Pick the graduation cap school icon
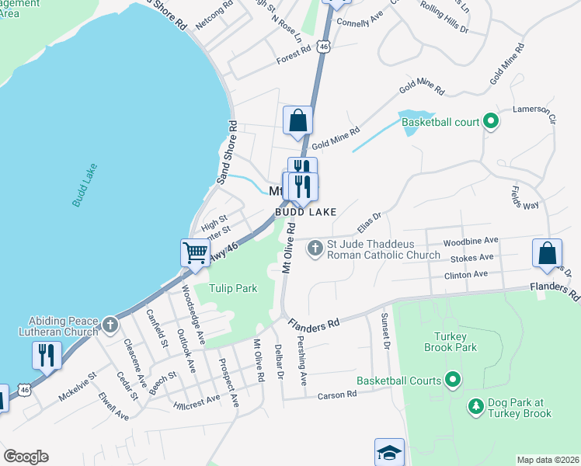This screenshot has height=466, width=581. click(x=389, y=453)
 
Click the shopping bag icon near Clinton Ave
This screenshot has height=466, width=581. click(x=548, y=253)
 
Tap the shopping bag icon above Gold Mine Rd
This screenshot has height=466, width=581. click(x=297, y=120)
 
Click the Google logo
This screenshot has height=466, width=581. click(x=26, y=457)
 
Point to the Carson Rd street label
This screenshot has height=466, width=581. click(x=337, y=395)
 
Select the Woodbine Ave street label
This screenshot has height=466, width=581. click(x=470, y=242)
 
